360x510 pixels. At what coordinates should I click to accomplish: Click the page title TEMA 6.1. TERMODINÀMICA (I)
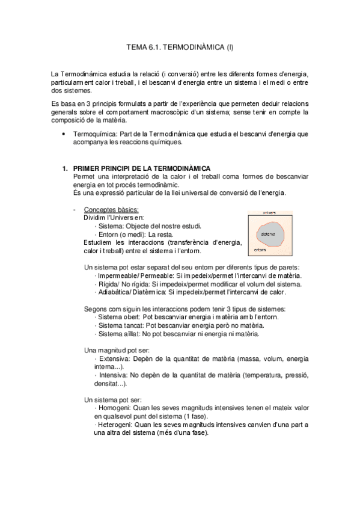[180, 46]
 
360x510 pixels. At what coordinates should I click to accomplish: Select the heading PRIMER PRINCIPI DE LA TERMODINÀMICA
[142, 168]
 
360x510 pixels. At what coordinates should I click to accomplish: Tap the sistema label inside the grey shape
[268, 233]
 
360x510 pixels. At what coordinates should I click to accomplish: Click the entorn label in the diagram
[260, 250]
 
